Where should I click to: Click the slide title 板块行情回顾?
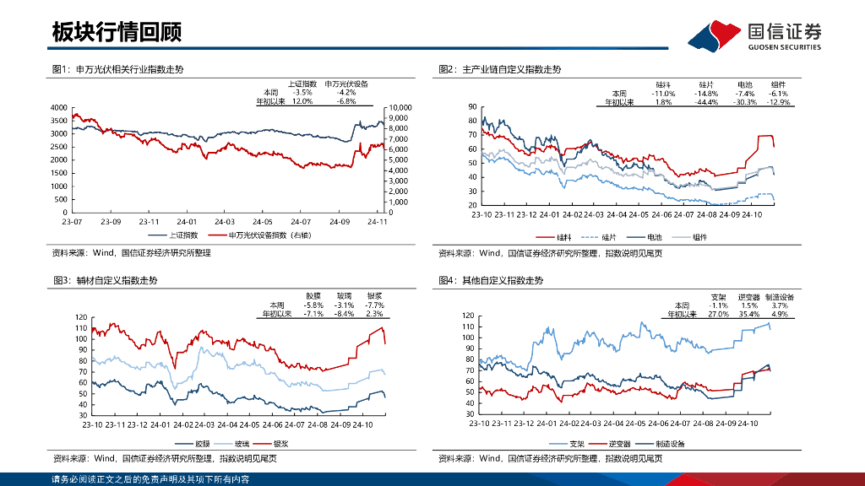tap(117, 33)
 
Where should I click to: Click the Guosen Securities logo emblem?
tap(715, 36)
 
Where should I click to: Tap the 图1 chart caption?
tap(117, 69)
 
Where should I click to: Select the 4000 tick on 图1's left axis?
tap(58, 108)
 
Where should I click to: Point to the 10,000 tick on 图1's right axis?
tap(399, 108)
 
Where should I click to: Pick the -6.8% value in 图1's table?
tap(346, 101)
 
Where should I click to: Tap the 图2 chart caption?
tap(499, 69)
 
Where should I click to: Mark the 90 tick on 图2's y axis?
tap(472, 107)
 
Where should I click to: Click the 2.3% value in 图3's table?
tap(375, 314)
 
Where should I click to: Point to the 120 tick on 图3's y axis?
tap(81, 317)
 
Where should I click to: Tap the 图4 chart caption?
tap(491, 280)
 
